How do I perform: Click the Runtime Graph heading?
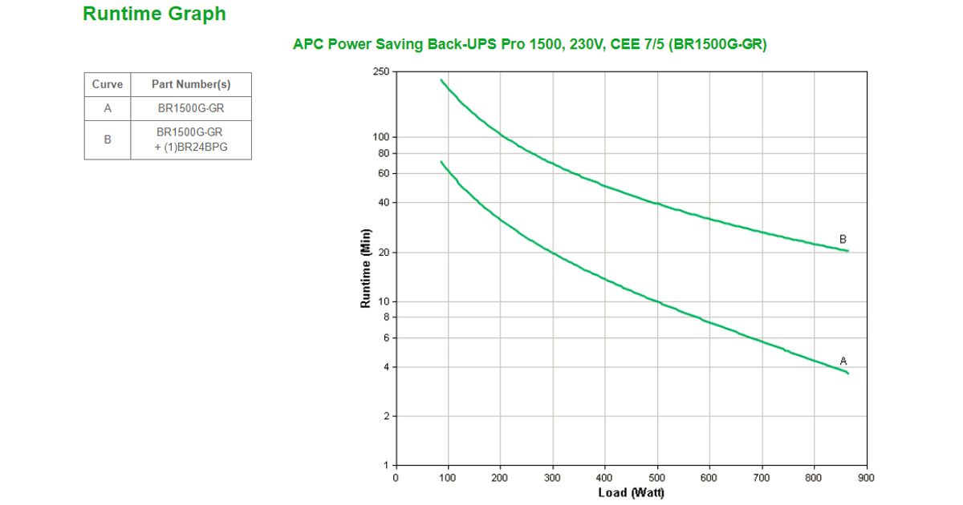(x=154, y=14)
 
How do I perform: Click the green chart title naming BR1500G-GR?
(x=530, y=45)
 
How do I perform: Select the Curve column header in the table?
(x=108, y=84)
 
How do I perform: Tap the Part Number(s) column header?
(x=191, y=84)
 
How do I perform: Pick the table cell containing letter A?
(x=108, y=108)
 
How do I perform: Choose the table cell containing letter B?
(x=108, y=139)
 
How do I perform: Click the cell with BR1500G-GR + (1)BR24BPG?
(x=191, y=139)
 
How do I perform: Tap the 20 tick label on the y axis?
(x=383, y=252)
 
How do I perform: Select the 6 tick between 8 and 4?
(x=385, y=338)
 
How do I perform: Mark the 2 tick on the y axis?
(x=385, y=416)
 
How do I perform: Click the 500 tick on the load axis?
(x=657, y=478)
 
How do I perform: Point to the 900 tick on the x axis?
(x=867, y=478)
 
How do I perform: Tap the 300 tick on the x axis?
(x=552, y=478)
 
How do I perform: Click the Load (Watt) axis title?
(x=631, y=492)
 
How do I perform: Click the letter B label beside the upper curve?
(x=843, y=239)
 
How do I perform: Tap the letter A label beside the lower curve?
(x=843, y=361)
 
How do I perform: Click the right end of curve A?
(x=847, y=374)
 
